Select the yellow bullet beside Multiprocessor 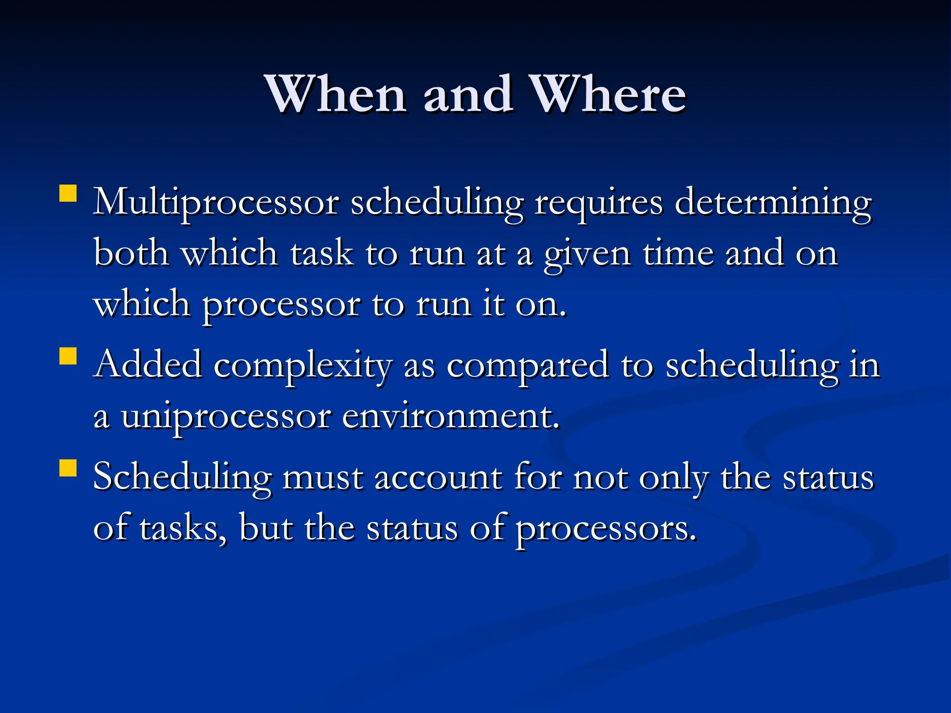[68, 194]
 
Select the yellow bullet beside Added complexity [68, 356]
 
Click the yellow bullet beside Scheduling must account [68, 468]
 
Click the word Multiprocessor [216, 203]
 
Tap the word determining [773, 203]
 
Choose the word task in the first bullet [321, 254]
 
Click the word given [587, 254]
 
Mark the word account [438, 478]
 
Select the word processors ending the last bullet [606, 529]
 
